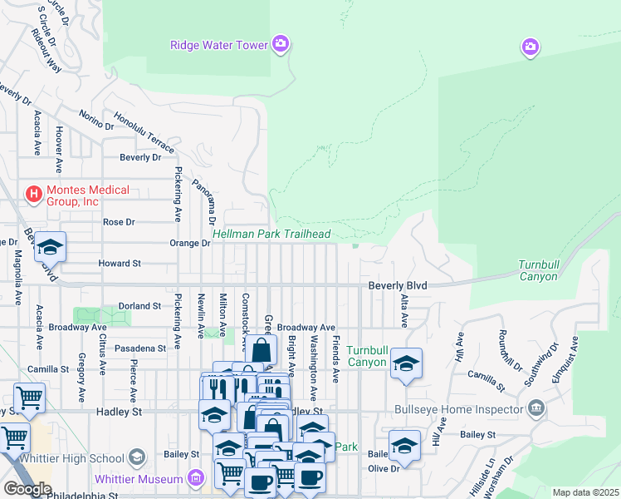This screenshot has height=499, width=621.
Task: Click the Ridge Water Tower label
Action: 219,45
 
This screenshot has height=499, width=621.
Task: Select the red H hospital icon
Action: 34,195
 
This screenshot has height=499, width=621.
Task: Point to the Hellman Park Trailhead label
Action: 271,235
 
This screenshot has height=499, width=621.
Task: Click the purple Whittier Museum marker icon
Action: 195,478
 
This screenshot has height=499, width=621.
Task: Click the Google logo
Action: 27,489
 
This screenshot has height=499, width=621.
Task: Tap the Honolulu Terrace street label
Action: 144,133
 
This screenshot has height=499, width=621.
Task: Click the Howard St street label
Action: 120,263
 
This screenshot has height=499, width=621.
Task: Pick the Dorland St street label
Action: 139,306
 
